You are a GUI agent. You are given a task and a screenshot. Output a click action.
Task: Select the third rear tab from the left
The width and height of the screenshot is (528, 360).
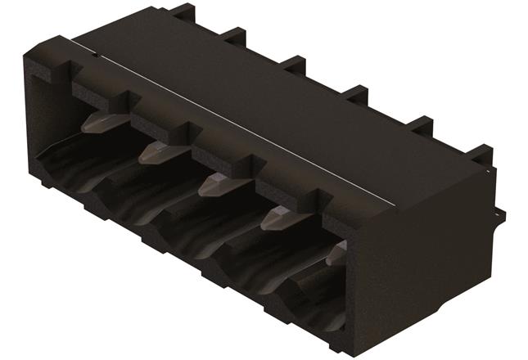coord(293,64)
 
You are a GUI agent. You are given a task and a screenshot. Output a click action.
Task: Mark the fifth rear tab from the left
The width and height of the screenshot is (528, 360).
coord(420,124)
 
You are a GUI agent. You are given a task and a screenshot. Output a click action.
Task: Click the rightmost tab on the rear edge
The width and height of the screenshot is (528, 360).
coord(481,154)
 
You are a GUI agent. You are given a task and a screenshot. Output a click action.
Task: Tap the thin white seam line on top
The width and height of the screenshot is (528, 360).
coord(246,123)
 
